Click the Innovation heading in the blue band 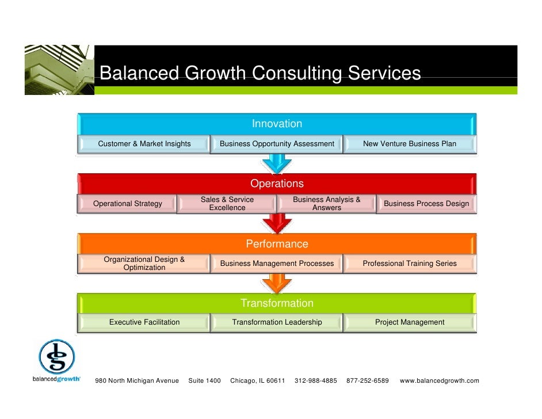[277, 124]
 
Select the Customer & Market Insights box [144, 144]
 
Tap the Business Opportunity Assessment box [277, 144]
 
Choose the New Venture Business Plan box [410, 144]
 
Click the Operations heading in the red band [277, 184]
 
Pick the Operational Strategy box [128, 204]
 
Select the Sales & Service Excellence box [227, 204]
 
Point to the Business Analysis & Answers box [327, 204]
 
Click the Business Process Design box [426, 204]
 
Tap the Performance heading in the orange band [277, 244]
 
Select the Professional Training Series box [410, 264]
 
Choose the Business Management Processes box [277, 264]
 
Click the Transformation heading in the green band [277, 303]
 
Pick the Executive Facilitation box [144, 322]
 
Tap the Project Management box [410, 322]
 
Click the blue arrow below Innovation [277, 165]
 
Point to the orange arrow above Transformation [277, 283]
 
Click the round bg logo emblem [56, 357]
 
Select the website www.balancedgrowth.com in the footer [439, 381]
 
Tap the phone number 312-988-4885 [316, 381]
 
